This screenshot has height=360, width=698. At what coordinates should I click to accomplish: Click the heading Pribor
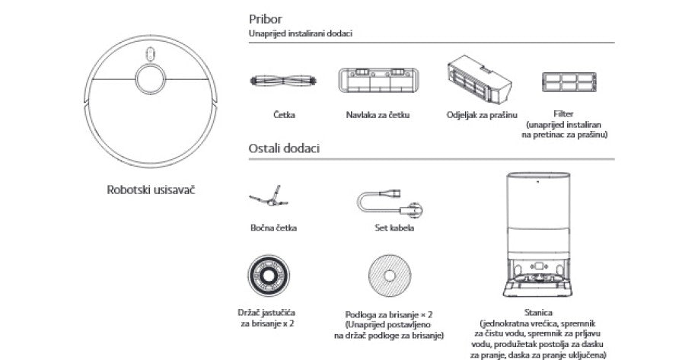(264, 18)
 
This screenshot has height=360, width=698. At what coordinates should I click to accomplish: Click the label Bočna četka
(273, 228)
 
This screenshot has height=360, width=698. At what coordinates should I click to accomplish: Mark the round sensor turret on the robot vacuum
(150, 78)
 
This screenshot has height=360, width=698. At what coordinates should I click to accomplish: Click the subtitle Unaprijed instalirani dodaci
(300, 34)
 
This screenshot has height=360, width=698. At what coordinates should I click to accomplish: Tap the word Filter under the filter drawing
(565, 113)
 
